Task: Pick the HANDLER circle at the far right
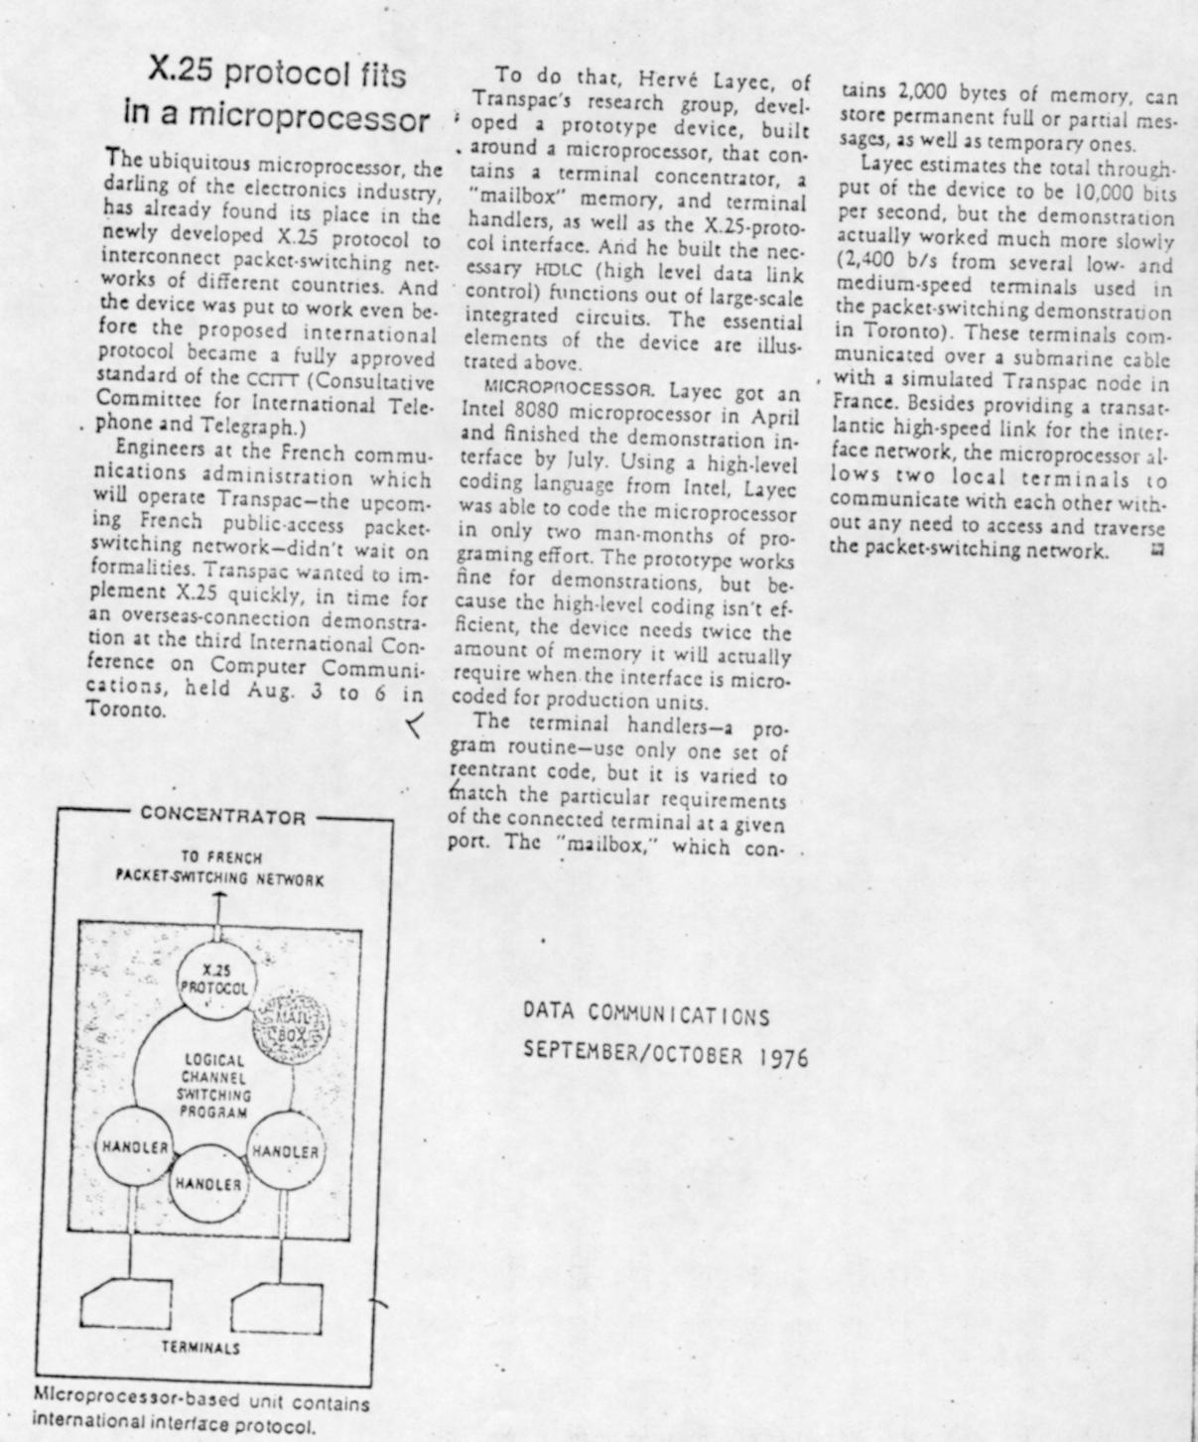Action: click(286, 1151)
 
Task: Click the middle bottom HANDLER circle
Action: click(208, 1184)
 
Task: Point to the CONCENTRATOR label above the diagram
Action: click(222, 817)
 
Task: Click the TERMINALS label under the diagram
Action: click(200, 1348)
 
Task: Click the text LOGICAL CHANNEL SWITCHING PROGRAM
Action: click(213, 1086)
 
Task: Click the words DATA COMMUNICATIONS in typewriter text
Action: click(646, 1014)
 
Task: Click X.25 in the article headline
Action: click(183, 71)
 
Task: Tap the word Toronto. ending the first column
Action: click(126, 711)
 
